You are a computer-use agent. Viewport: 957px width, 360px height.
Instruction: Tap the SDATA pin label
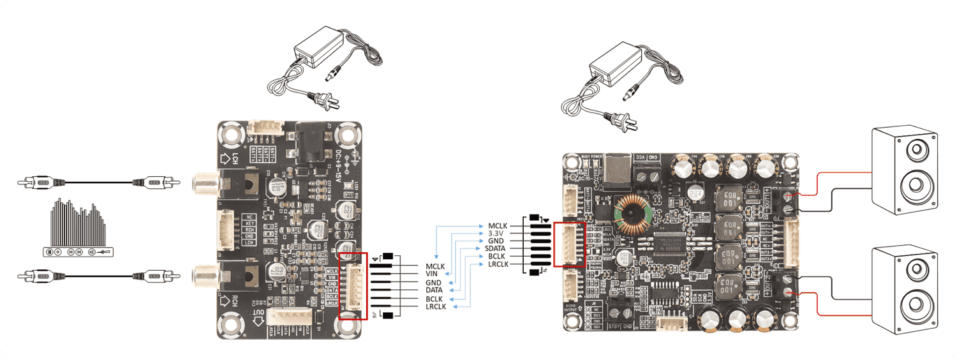[496, 249]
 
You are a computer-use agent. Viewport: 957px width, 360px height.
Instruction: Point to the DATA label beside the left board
[434, 290]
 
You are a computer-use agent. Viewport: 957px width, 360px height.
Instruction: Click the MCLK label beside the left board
[434, 266]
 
